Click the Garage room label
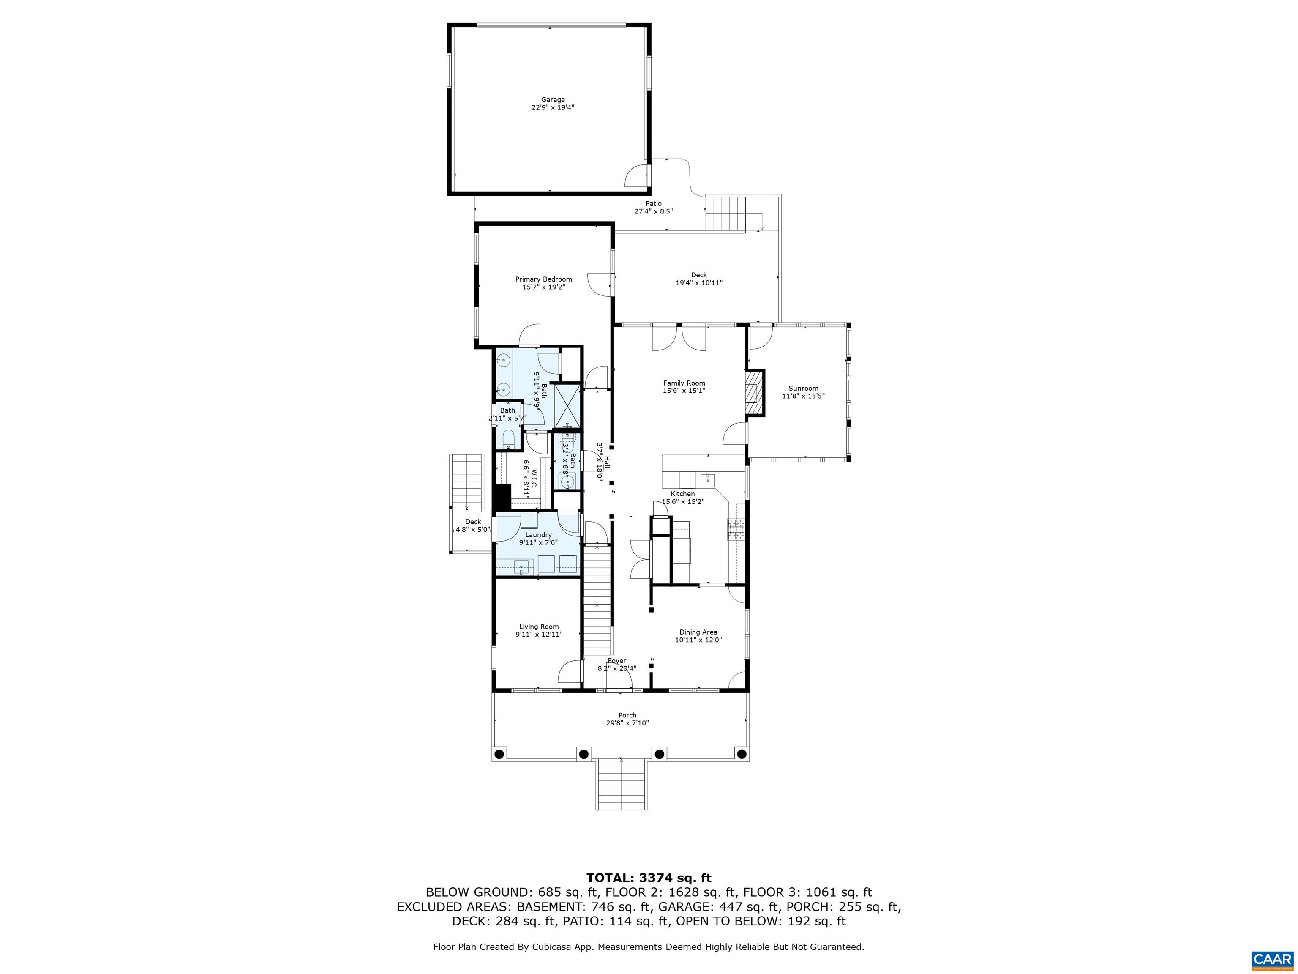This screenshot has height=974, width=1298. coord(552,100)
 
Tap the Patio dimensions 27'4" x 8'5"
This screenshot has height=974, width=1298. coord(653,211)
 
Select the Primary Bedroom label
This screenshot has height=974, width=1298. coord(543,279)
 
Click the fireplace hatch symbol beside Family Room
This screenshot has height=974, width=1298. coord(754,393)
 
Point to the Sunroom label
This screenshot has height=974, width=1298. coord(803,388)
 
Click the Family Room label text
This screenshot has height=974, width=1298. coord(684,383)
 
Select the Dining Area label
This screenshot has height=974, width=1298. coord(698,632)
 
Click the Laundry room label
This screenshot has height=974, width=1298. coord(538,534)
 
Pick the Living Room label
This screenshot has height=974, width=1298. coord(538,627)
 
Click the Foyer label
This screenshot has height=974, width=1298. coord(617,660)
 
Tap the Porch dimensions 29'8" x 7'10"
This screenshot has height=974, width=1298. coord(627,723)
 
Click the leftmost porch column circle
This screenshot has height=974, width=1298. coord(499,754)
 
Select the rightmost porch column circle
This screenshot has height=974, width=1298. coord(741,754)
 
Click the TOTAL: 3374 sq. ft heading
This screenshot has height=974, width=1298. coord(649,878)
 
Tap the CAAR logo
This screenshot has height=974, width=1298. coord(1272,959)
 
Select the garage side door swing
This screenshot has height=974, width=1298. coord(638,175)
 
